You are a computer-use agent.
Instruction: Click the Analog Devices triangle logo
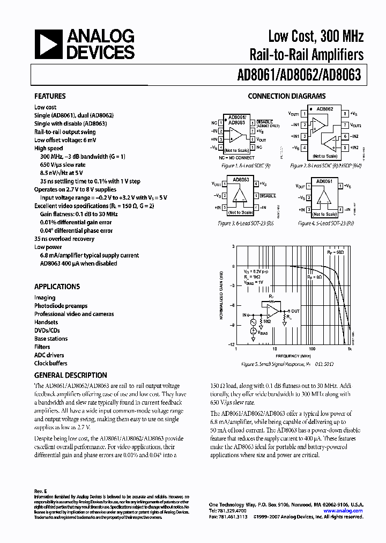point(48,45)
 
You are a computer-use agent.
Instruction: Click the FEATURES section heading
point(50,97)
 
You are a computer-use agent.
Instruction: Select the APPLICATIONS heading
point(57,287)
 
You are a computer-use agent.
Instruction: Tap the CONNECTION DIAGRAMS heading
point(286,97)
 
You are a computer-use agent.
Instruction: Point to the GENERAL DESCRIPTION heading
point(70,376)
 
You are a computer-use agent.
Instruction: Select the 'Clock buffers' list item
point(51,363)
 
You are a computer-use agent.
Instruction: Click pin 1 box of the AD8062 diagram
point(305,114)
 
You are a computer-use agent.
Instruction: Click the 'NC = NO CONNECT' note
point(236,157)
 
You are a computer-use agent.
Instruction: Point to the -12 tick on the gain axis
point(232,344)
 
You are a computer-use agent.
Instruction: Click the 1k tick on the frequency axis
point(349,349)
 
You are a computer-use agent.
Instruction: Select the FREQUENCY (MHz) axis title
point(293,356)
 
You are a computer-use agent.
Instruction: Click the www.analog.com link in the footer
point(350,511)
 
